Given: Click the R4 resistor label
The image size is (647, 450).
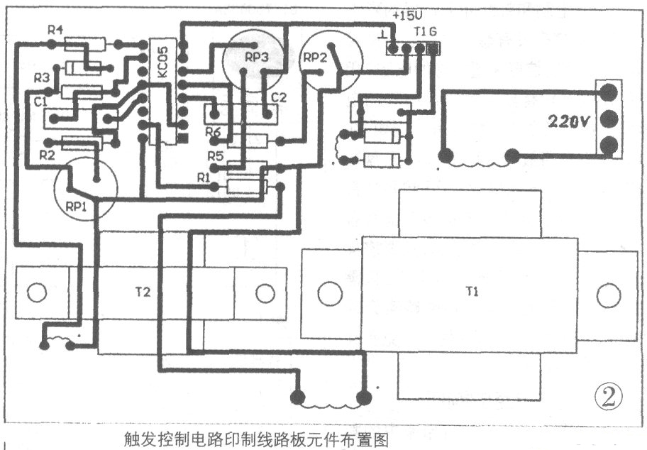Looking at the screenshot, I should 55,30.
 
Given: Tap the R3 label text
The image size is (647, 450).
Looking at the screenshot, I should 41,77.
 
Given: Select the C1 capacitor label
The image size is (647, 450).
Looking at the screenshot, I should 40,101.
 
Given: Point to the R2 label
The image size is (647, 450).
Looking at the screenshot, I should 47,153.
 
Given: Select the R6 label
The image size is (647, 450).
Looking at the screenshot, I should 214,131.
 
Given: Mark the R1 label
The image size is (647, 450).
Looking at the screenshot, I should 204,175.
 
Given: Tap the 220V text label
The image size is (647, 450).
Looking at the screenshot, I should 568,121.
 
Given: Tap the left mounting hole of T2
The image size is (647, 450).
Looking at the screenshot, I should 36,292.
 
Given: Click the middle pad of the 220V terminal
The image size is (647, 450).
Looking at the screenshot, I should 609,118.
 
